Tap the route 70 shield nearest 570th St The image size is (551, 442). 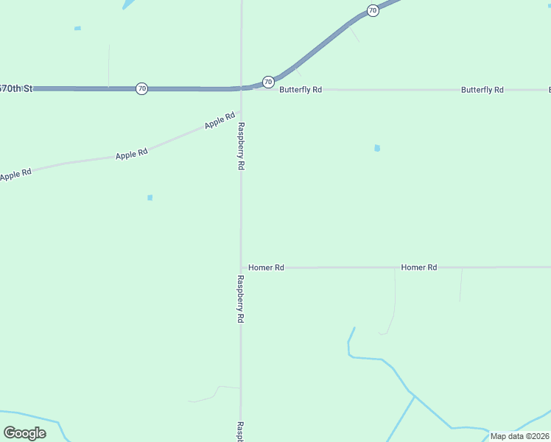coord(141,88)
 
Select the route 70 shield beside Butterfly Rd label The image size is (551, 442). coord(268,82)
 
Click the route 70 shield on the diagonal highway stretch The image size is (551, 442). coord(373,11)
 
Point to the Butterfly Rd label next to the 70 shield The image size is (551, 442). coord(301,90)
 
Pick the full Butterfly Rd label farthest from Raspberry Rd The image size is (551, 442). coord(482,90)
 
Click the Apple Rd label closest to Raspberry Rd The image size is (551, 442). coord(220,120)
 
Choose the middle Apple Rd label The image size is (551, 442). coord(132,154)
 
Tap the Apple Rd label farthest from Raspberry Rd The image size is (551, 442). coord(16,175)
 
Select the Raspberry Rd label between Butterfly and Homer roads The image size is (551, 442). coord(241,147)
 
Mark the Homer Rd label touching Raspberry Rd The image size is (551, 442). coord(266,267)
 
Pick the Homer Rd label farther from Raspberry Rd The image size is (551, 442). coord(419,267)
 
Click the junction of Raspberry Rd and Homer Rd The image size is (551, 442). coord(241,267)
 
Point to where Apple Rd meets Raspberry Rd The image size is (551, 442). coord(240,112)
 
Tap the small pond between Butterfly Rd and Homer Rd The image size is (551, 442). coord(377,148)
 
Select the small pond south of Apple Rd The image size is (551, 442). coord(150,197)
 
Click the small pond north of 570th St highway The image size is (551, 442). coord(77,29)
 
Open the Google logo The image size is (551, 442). coord(24,433)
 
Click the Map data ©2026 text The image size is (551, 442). coord(519,436)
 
